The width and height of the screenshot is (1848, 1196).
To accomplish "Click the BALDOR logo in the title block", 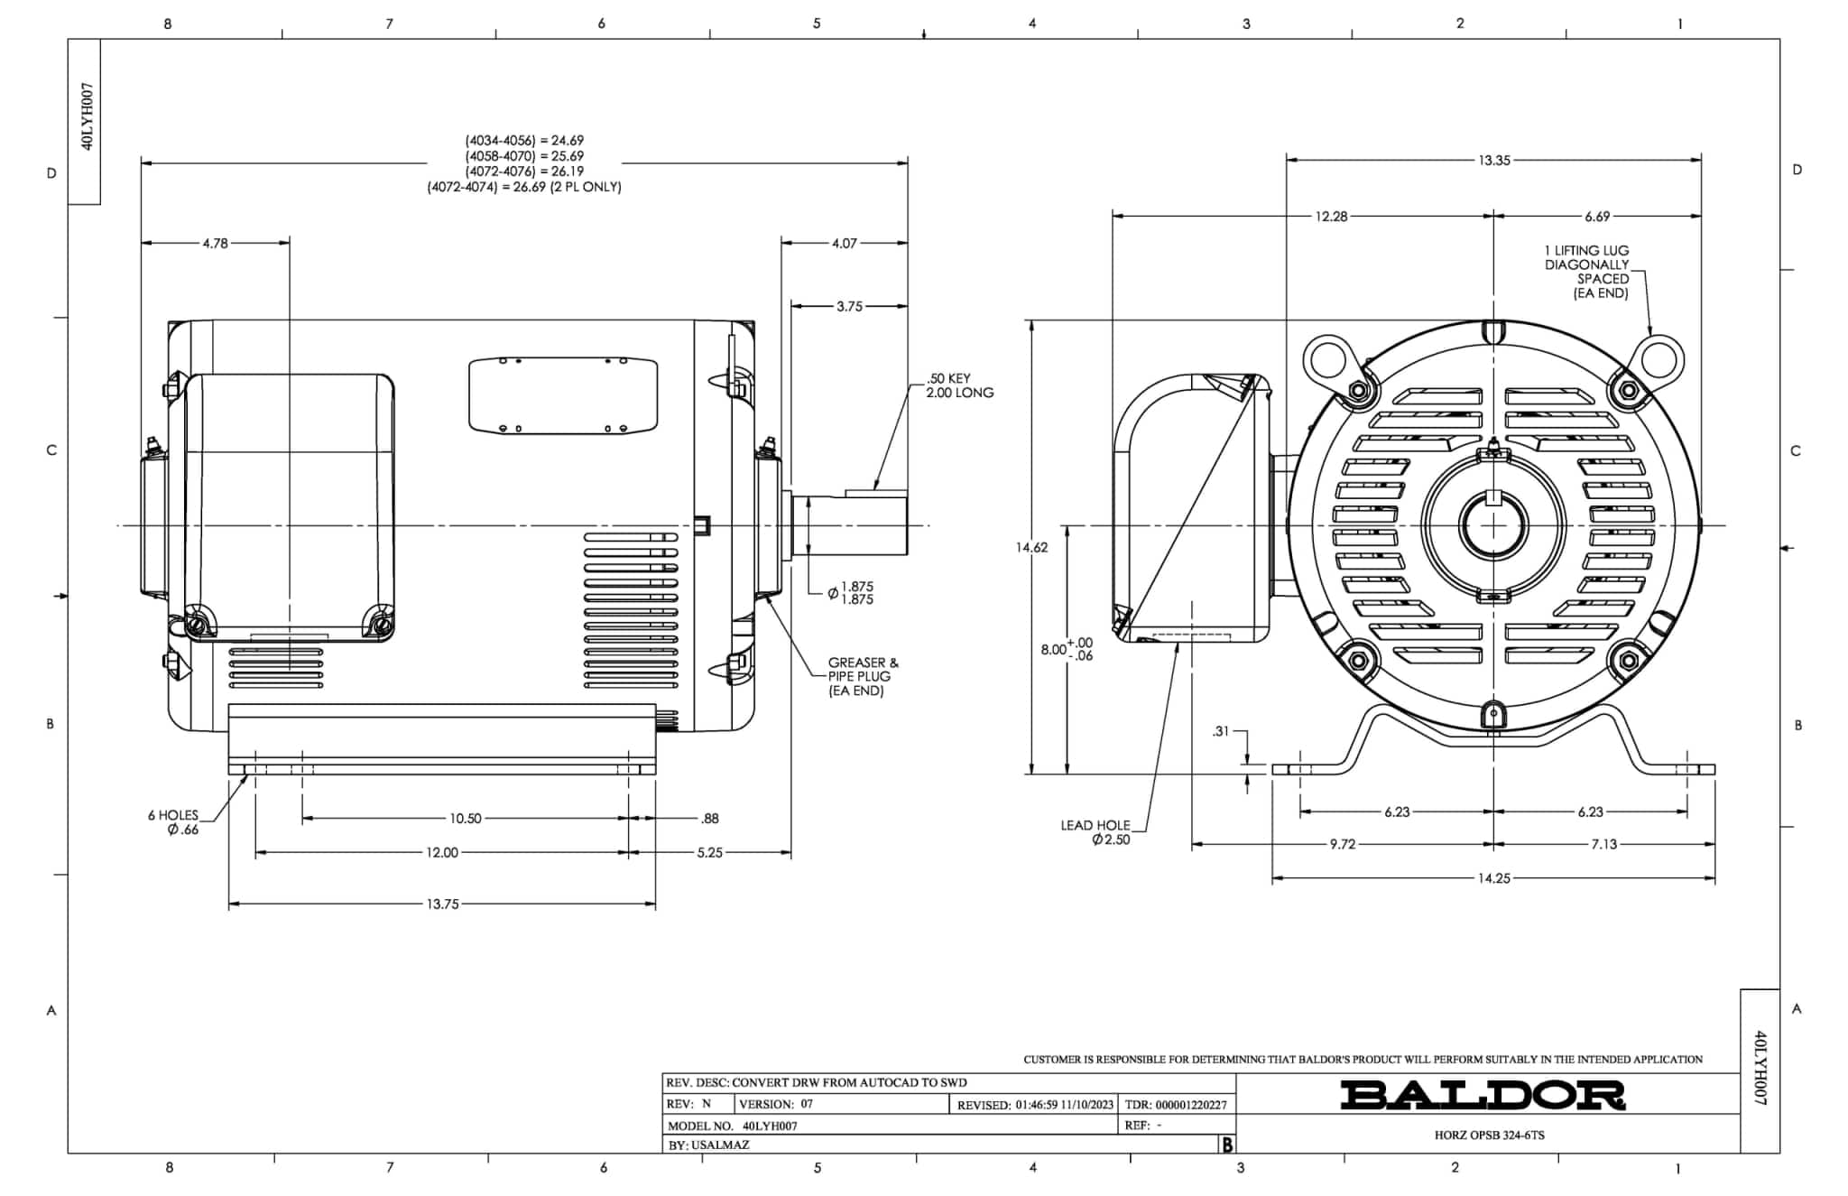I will pyautogui.click(x=1482, y=1095).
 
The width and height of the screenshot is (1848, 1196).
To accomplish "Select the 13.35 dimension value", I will pyautogui.click(x=1493, y=161).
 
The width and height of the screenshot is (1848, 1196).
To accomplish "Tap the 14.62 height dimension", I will pyautogui.click(x=1031, y=547).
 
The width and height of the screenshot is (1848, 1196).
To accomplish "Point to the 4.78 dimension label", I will pyautogui.click(x=215, y=243).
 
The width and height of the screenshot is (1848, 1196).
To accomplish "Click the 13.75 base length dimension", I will pyautogui.click(x=442, y=904).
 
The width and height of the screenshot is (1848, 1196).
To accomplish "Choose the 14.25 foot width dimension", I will pyautogui.click(x=1493, y=877).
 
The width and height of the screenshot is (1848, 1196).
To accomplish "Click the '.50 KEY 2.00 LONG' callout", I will pyautogui.click(x=959, y=385).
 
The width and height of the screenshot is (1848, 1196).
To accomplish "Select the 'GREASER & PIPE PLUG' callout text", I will pyautogui.click(x=863, y=676).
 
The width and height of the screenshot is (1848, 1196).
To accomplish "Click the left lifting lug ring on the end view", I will pyautogui.click(x=1328, y=358).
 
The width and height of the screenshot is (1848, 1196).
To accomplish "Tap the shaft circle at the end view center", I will pyautogui.click(x=1494, y=525).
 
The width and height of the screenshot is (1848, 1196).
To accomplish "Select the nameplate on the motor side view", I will pyautogui.click(x=563, y=395).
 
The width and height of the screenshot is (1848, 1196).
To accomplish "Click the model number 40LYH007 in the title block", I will pyautogui.click(x=770, y=1126).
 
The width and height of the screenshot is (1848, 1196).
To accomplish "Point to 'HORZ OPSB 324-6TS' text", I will pyautogui.click(x=1489, y=1135).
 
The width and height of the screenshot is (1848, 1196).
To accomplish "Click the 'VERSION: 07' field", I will pyautogui.click(x=776, y=1104).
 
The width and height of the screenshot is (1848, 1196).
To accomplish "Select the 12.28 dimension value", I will pyautogui.click(x=1330, y=217).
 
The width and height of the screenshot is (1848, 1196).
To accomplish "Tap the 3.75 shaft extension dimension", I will pyautogui.click(x=849, y=307).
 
